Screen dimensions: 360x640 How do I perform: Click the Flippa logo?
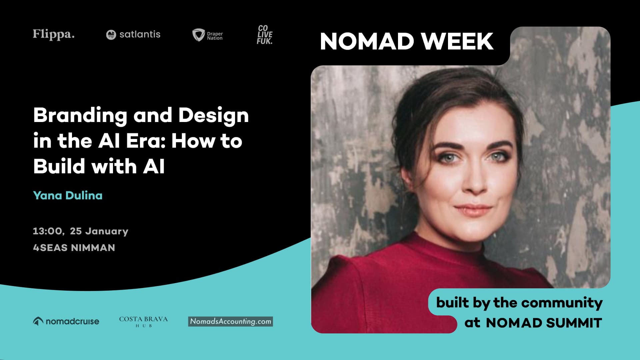pyautogui.click(x=53, y=34)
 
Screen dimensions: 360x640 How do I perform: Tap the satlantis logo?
pyautogui.click(x=133, y=34)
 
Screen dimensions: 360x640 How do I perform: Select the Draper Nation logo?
pyautogui.click(x=207, y=35)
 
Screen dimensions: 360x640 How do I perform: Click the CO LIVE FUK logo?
pyautogui.click(x=265, y=35)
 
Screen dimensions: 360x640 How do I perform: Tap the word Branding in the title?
pyautogui.click(x=80, y=116)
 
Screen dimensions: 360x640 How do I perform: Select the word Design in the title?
pyautogui.click(x=213, y=116)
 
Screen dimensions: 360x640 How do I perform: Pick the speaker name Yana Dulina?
pyautogui.click(x=68, y=195)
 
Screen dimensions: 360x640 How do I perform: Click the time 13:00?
pyautogui.click(x=48, y=231)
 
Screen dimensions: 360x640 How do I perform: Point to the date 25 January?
pyautogui.click(x=99, y=231)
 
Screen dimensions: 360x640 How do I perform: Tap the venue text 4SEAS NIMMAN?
pyautogui.click(x=74, y=248)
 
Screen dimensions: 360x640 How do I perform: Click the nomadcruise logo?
pyautogui.click(x=66, y=321)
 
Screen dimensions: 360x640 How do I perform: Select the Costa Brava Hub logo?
pyautogui.click(x=143, y=321)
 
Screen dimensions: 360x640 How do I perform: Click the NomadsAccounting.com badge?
pyautogui.click(x=230, y=321)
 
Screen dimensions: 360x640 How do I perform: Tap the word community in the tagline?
pyautogui.click(x=562, y=303)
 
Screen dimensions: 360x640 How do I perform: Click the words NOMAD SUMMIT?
pyautogui.click(x=544, y=323)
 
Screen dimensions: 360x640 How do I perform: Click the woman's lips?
pyautogui.click(x=473, y=210)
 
